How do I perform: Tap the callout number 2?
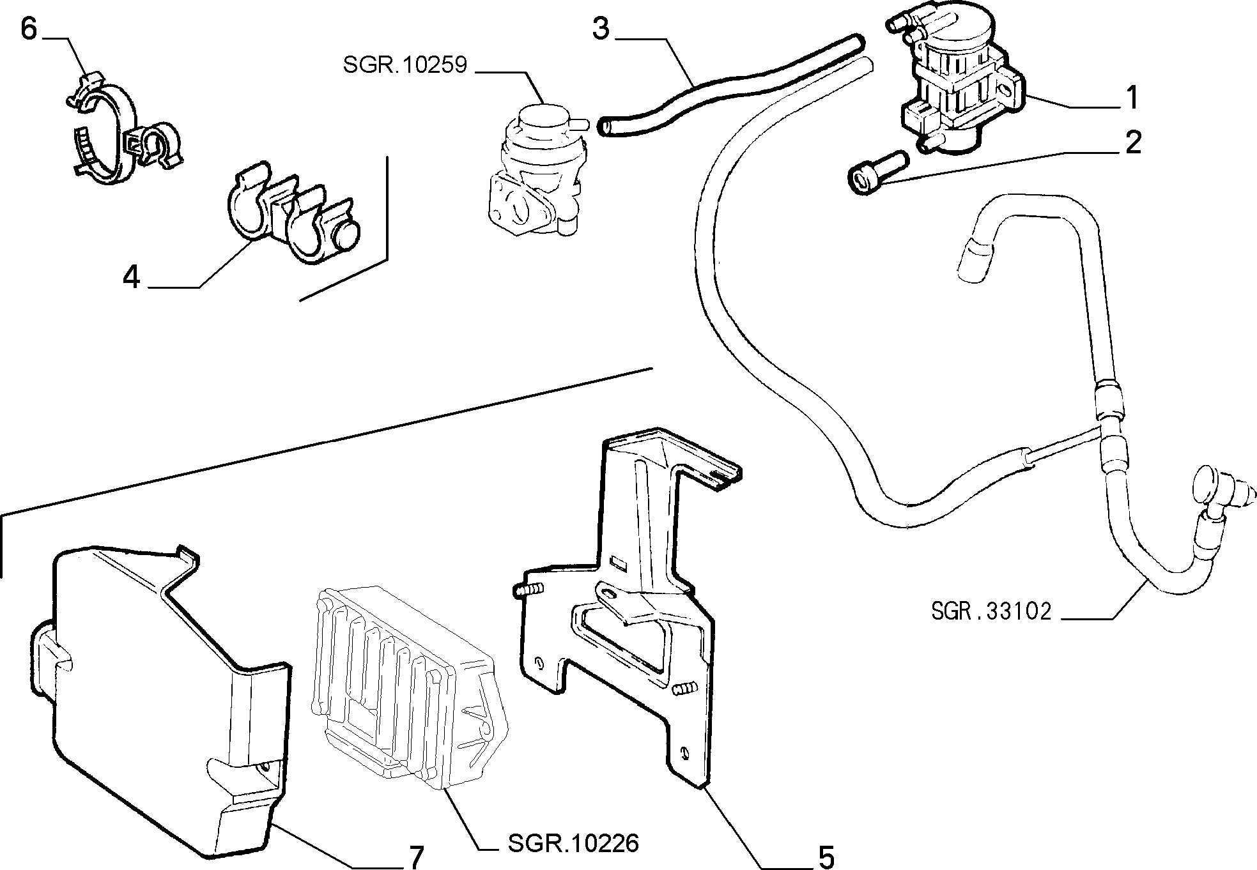[x=1132, y=142]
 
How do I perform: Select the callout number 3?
[x=601, y=29]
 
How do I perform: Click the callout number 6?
[x=29, y=29]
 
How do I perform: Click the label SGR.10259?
[x=405, y=65]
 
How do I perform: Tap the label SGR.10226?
[x=573, y=844]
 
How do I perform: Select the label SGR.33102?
[x=991, y=611]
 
